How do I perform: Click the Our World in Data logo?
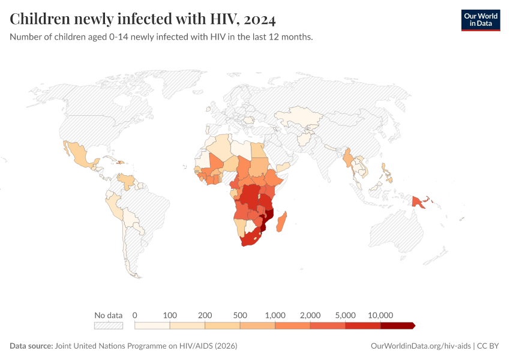pos(480,20)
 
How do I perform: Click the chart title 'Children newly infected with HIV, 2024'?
pos(143,19)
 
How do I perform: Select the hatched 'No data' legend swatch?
pos(109,326)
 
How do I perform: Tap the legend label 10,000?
pos(380,315)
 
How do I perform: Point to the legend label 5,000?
pos(346,315)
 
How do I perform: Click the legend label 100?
pos(170,315)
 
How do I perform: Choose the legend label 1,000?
pos(275,315)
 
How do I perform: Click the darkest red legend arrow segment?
pos(397,326)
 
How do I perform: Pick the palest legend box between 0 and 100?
pos(152,326)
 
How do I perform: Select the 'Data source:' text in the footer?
pos(31,346)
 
